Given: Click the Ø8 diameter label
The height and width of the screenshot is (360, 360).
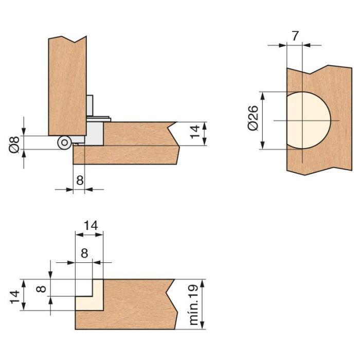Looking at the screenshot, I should pyautogui.click(x=14, y=143).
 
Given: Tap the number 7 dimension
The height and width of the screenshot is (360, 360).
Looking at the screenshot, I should pyautogui.click(x=294, y=36).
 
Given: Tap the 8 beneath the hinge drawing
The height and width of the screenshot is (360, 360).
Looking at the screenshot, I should pyautogui.click(x=79, y=180).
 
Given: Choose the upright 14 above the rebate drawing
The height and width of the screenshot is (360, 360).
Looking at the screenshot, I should pyautogui.click(x=90, y=225).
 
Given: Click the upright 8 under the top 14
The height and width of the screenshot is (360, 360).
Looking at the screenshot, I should pyautogui.click(x=84, y=253).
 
